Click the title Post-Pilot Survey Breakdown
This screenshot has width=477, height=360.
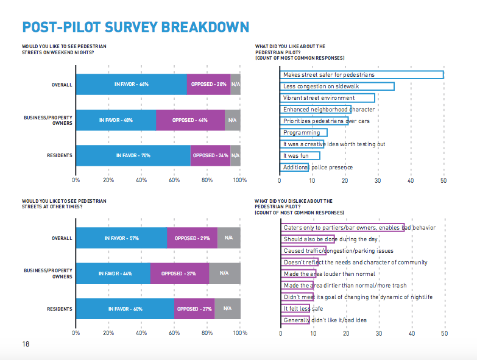click(135, 27)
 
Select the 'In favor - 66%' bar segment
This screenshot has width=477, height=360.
click(131, 84)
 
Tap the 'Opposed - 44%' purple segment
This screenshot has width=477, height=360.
click(190, 120)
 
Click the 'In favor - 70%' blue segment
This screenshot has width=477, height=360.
click(133, 155)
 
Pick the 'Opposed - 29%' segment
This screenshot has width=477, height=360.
click(192, 238)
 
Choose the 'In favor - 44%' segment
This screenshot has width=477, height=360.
click(113, 274)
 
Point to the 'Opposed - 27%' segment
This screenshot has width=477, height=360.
click(194, 309)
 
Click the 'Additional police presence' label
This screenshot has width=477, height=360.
click(318, 168)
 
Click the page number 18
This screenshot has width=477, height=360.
click(26, 344)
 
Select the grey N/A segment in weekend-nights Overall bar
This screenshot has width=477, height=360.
click(235, 84)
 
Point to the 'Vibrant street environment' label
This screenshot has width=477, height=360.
click(319, 98)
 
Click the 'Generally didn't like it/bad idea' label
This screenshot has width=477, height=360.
click(325, 320)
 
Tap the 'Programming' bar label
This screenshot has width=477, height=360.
click(301, 133)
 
